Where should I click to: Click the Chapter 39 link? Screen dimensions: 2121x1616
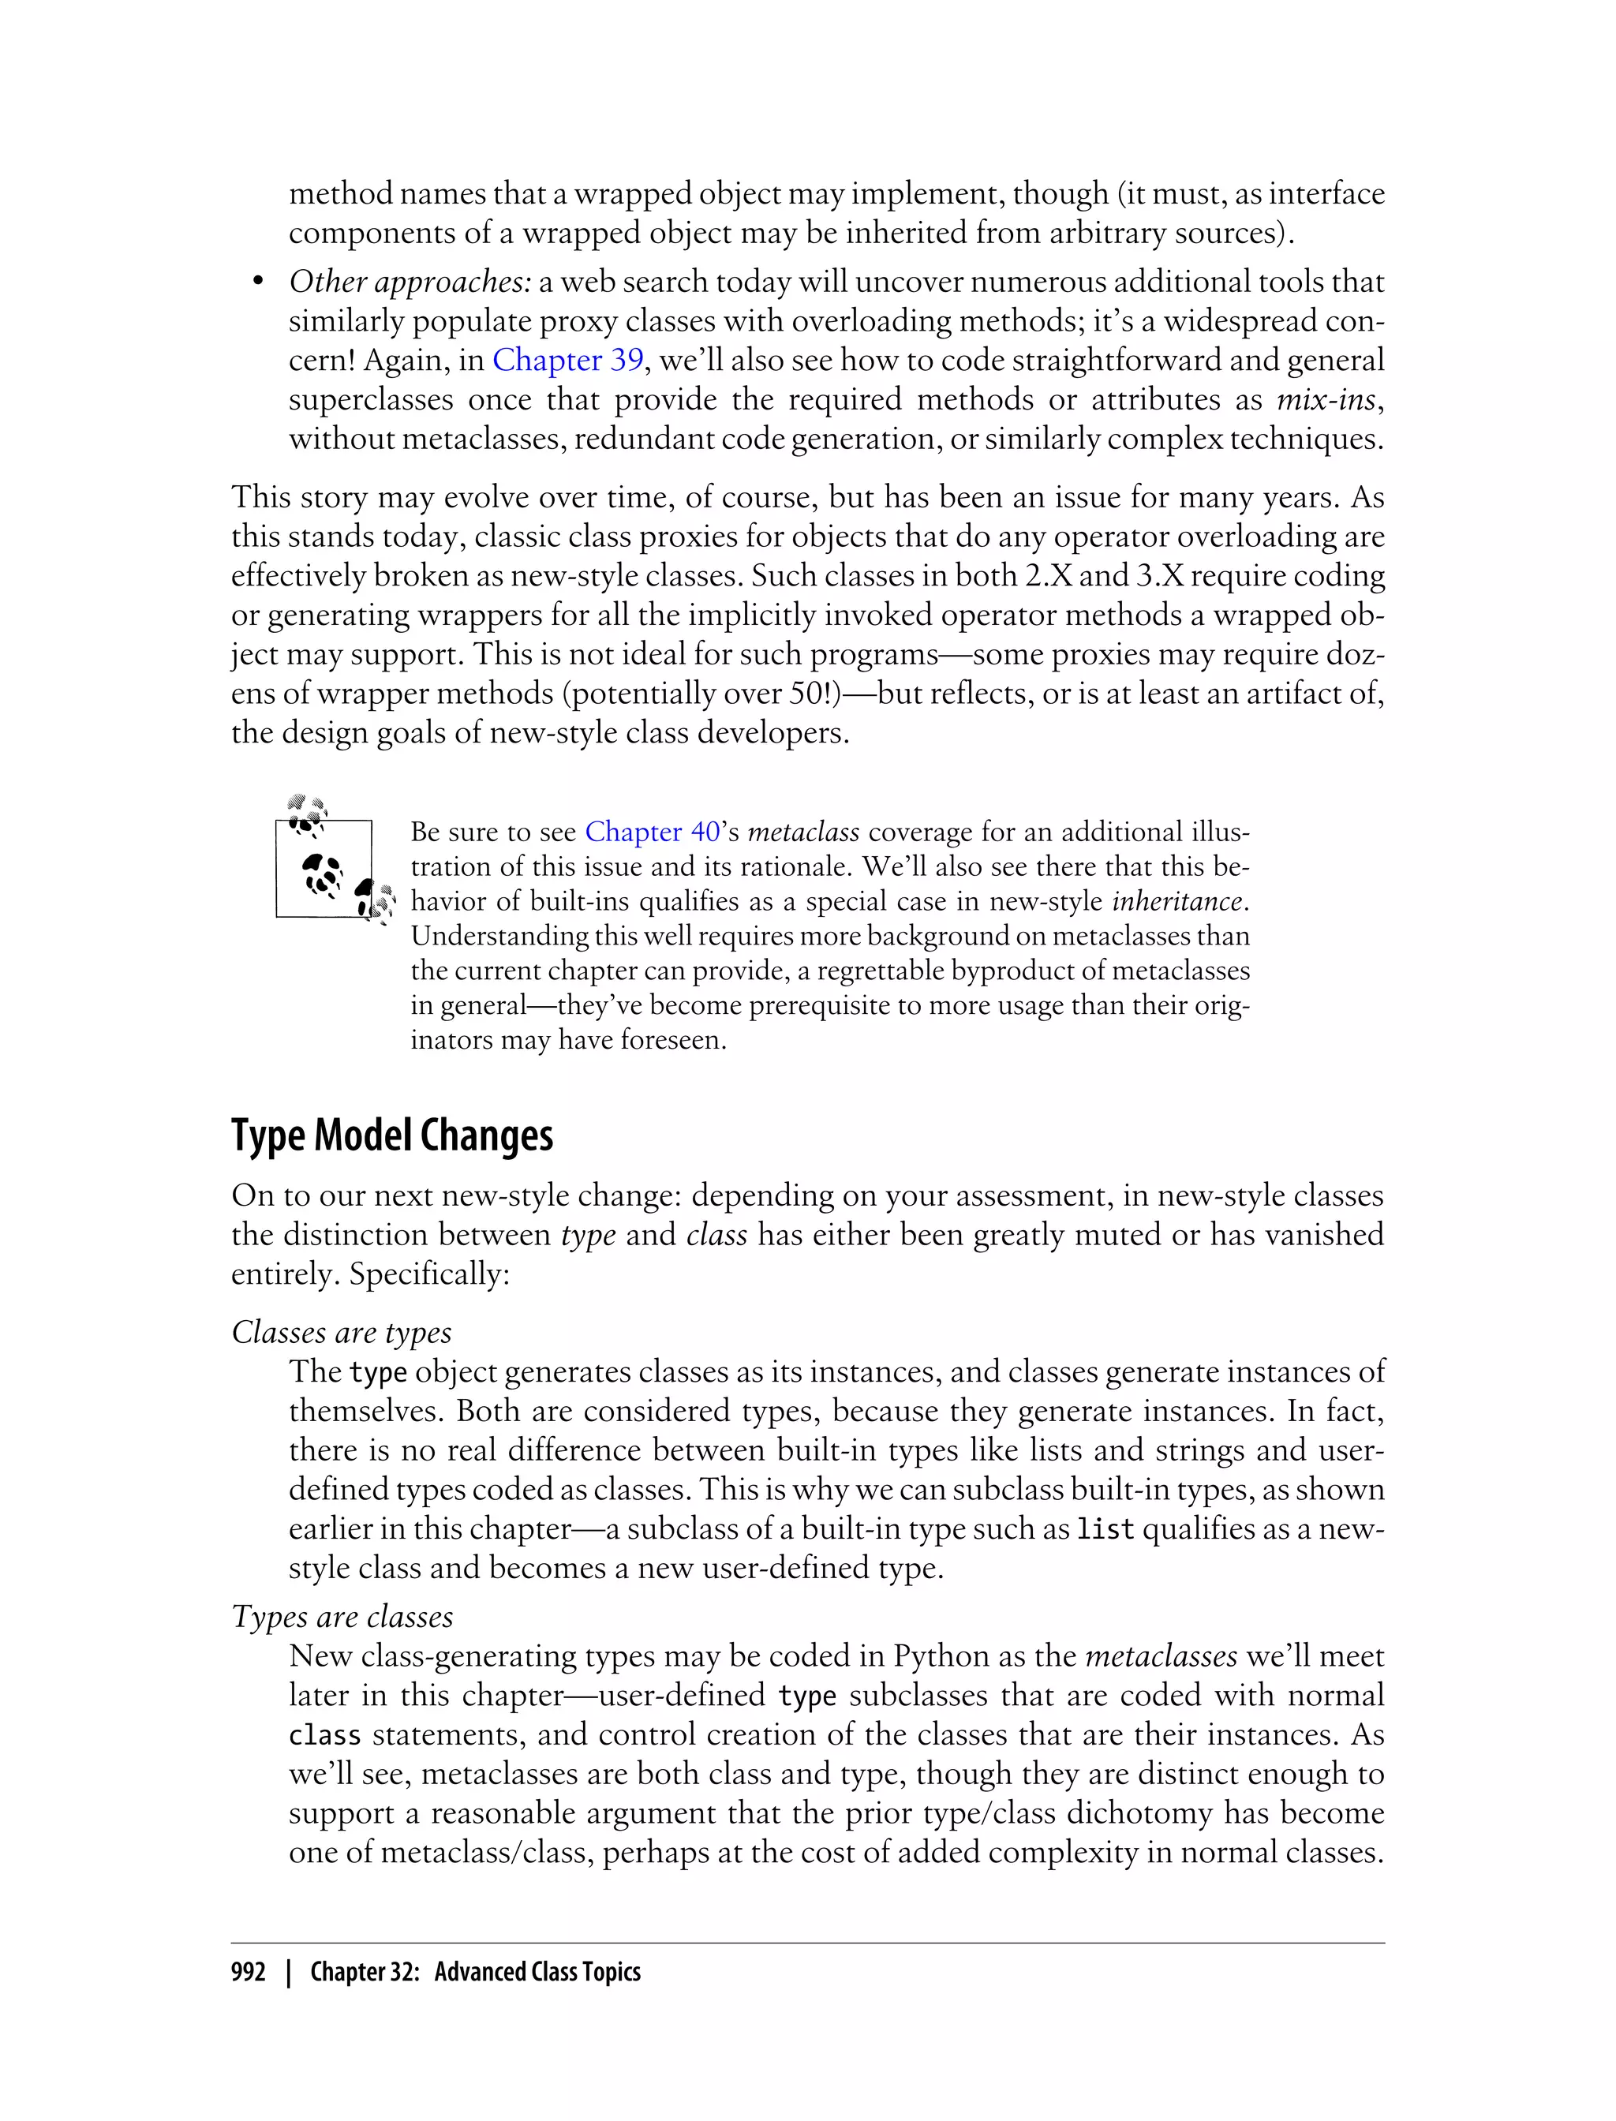(567, 360)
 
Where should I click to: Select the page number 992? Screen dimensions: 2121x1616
(249, 1972)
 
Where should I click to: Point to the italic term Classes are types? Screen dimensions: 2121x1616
(342, 1332)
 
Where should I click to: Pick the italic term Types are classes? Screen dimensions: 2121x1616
(342, 1616)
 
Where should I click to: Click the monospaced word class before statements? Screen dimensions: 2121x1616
(325, 1735)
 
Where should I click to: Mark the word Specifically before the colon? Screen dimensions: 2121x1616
(426, 1274)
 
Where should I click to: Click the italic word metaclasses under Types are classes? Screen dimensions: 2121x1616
(1160, 1656)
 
